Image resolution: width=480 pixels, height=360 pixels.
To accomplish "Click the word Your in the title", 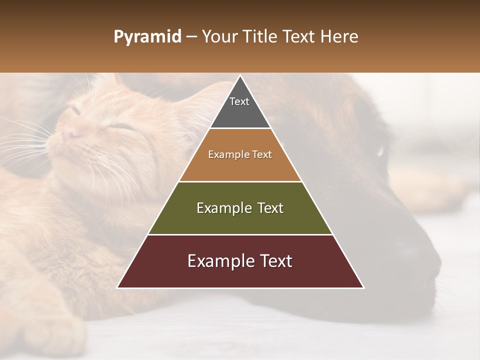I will (x=219, y=37).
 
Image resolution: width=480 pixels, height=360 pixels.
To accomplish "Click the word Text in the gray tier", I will (x=239, y=101).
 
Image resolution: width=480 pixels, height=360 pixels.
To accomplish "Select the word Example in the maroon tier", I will (x=217, y=261).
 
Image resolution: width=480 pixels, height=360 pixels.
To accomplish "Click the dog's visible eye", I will (x=381, y=150).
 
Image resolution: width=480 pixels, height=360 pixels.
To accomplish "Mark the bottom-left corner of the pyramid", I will (x=117, y=287).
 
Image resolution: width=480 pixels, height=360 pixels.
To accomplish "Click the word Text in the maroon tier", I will (x=272, y=261).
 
